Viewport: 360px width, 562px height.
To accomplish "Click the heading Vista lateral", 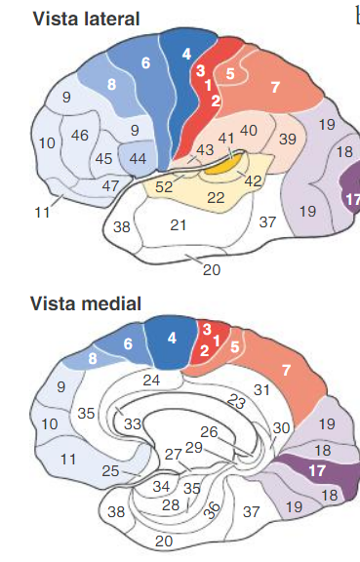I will pos(73,19).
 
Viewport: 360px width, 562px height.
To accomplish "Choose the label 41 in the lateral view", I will pos(225,139).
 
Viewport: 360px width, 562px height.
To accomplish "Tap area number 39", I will pos(288,139).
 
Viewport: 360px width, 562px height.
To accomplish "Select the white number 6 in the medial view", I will pos(128,343).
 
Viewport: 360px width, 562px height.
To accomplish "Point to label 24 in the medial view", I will pos(151,380).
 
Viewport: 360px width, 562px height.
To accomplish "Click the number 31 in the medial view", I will pos(260,389).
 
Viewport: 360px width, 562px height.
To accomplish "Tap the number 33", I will pos(132,423).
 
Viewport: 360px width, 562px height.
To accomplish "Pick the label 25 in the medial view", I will pos(110,472).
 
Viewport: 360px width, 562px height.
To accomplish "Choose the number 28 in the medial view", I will pos(171,504).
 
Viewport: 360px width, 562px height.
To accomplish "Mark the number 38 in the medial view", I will pos(116,511).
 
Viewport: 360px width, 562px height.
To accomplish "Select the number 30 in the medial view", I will pos(282,427).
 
